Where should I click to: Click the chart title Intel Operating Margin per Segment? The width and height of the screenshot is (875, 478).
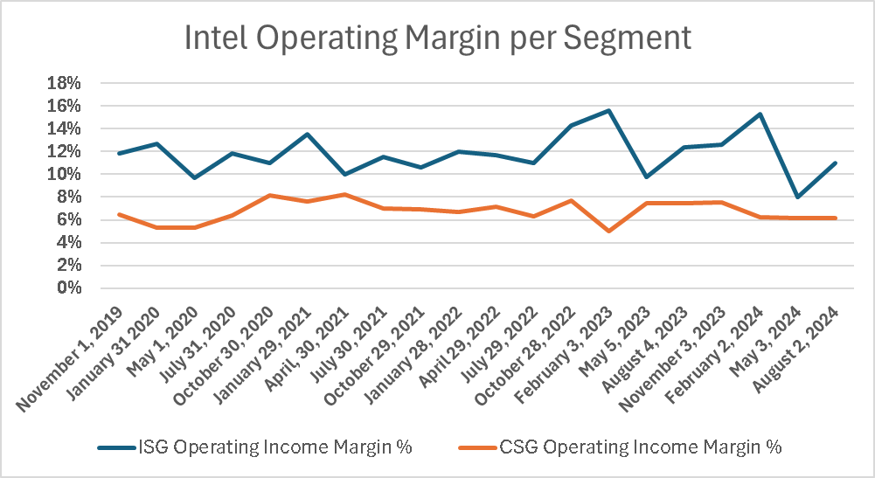pos(437,38)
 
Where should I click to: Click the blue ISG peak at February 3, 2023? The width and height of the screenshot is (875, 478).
pos(608,110)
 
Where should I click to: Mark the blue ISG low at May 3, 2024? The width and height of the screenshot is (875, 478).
pos(797,197)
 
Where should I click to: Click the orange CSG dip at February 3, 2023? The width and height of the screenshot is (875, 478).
pos(608,231)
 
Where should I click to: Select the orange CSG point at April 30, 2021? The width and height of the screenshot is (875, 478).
pos(345,194)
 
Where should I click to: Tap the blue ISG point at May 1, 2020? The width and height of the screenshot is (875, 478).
pos(194,177)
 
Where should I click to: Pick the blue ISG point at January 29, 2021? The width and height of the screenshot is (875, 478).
pos(308,134)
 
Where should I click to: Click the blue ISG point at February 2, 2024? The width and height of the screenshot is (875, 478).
pos(759,114)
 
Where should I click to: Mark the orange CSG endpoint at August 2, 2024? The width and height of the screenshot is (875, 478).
pos(835,218)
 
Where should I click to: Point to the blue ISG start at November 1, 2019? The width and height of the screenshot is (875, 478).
pos(119,153)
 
